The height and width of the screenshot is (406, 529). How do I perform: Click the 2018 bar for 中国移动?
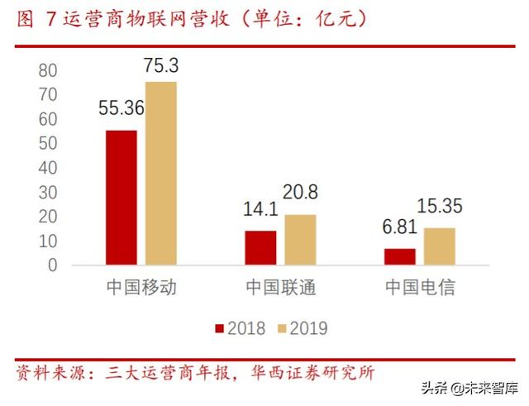pos(122,198)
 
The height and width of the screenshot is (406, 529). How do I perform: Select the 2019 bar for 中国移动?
pos(161,174)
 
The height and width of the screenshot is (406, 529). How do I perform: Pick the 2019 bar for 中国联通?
pos(300,240)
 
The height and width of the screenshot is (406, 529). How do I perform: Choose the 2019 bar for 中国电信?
pos(440,246)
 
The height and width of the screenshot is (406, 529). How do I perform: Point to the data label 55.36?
pos(122,107)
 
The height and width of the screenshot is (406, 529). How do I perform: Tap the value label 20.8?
pos(301,193)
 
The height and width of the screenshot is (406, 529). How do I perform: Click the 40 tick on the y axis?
pos(48,168)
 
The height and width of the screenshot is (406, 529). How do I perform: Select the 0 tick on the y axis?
pos(53,265)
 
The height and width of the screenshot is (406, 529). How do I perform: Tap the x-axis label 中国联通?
pos(281,288)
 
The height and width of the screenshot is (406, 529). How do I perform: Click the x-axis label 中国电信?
pos(420,288)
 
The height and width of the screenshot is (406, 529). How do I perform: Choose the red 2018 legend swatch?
pos(220,328)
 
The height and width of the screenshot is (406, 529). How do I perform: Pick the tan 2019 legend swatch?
pos(281,328)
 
